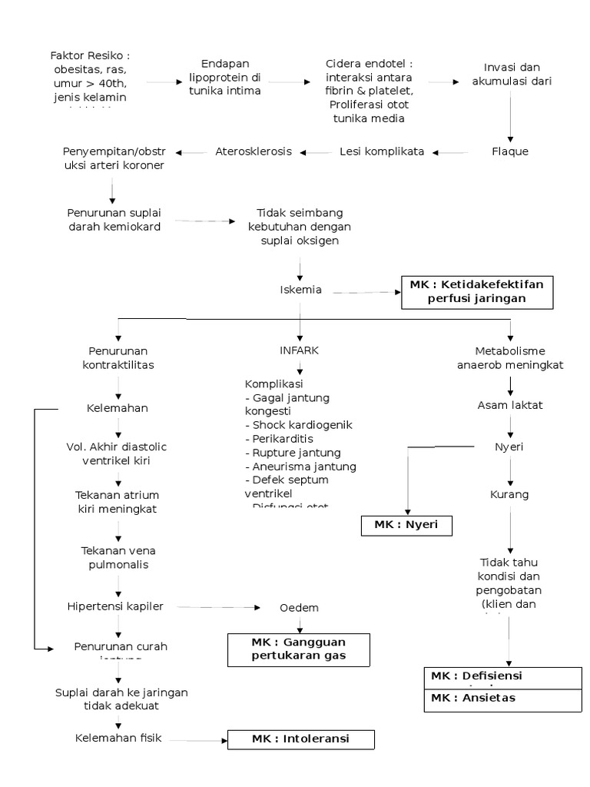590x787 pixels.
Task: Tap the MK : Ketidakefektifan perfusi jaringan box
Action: (476, 292)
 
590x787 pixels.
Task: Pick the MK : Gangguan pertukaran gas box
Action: (299, 649)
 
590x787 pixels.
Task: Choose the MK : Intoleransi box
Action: (300, 739)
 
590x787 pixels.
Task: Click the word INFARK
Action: (299, 350)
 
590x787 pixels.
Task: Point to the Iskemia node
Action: (300, 290)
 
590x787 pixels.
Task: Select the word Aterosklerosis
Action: (254, 151)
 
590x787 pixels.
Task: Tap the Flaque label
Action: (510, 151)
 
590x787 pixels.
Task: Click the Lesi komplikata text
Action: (382, 151)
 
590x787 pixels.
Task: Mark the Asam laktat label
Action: (510, 405)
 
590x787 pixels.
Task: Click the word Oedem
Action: (299, 608)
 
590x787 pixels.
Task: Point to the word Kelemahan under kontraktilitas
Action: (118, 408)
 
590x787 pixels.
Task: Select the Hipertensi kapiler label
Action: (115, 607)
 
